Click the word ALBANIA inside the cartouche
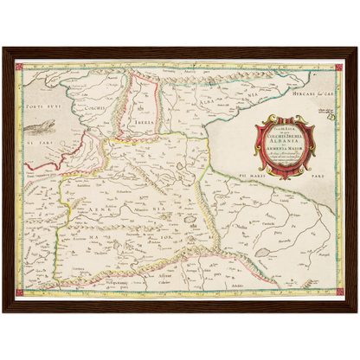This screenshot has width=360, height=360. click(285, 139)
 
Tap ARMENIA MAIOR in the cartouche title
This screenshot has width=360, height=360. click(285, 149)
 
